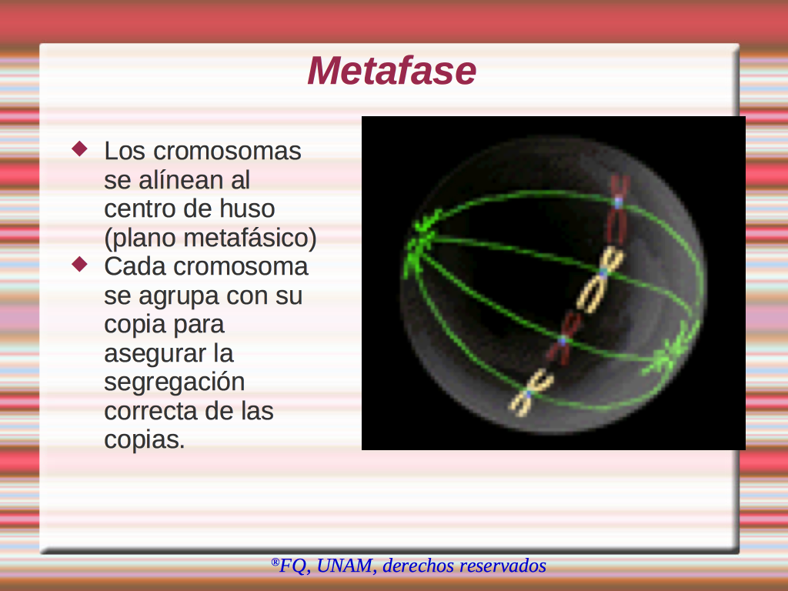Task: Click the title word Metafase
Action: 392,71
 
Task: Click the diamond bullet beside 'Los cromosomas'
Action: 80,149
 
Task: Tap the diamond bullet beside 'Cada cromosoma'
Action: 80,265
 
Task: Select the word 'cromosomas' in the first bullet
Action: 227,151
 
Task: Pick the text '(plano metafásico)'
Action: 210,239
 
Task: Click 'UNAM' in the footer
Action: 345,566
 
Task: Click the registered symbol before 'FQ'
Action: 275,561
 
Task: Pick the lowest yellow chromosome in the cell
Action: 531,392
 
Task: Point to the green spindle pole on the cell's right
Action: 670,352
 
